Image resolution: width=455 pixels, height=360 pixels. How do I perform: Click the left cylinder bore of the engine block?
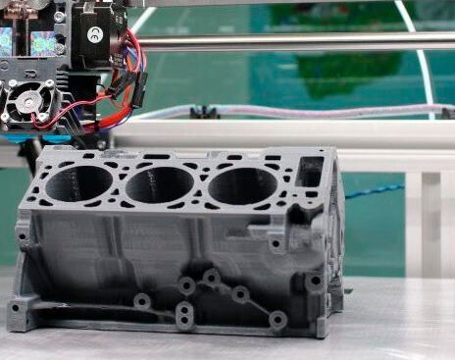[x=79, y=182]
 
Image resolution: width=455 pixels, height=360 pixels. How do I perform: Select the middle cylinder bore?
[x=160, y=183]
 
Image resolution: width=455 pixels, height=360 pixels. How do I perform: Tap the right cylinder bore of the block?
[x=241, y=185]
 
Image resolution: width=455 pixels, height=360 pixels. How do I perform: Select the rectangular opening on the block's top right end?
[x=311, y=172]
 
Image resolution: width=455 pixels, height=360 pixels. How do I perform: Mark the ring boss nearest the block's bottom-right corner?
[x=278, y=319]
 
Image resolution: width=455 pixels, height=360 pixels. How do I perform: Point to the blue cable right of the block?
[x=373, y=189]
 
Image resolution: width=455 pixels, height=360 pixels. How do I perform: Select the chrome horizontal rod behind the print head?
[x=294, y=42]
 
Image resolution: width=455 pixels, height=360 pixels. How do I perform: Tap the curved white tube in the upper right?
[x=417, y=49]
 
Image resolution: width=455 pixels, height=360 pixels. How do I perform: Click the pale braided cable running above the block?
[x=294, y=110]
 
